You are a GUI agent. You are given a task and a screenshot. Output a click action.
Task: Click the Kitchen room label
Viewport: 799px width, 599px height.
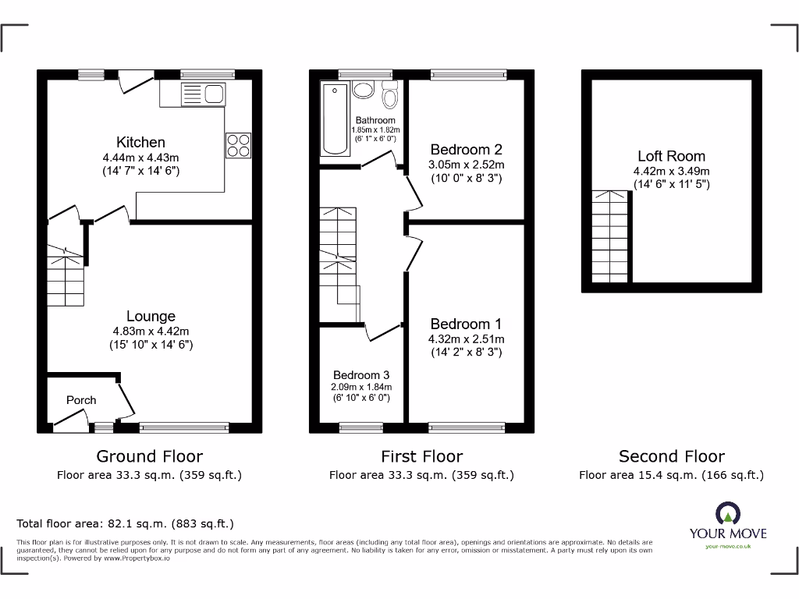click(x=140, y=142)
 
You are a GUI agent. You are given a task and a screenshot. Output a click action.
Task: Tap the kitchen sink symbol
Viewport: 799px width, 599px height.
click(x=202, y=95)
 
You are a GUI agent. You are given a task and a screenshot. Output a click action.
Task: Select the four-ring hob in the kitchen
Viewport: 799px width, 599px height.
click(x=239, y=145)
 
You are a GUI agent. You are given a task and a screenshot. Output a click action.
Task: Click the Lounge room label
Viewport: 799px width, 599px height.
click(x=151, y=316)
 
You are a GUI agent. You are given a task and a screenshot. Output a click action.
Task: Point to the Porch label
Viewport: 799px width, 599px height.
click(x=81, y=400)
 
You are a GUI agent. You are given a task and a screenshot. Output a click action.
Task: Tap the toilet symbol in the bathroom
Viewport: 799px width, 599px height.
click(x=390, y=95)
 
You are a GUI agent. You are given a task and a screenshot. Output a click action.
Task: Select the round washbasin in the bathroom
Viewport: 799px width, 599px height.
click(x=363, y=89)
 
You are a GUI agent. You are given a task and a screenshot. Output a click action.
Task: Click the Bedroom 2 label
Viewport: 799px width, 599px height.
click(x=466, y=150)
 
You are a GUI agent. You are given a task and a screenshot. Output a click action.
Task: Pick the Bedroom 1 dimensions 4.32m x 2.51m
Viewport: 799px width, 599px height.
click(x=466, y=339)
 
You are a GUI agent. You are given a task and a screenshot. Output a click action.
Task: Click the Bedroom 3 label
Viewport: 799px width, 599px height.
click(x=361, y=374)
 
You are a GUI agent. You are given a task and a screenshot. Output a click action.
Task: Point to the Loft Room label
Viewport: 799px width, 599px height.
click(x=671, y=156)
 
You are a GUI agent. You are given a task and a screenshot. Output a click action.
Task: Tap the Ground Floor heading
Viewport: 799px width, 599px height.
click(x=149, y=456)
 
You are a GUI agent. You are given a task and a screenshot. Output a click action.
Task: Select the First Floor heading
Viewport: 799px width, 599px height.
click(x=421, y=456)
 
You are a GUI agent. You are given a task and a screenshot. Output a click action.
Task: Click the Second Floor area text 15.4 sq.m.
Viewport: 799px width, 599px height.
click(x=671, y=475)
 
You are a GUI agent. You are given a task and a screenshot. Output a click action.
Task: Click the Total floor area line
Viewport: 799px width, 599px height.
click(x=125, y=524)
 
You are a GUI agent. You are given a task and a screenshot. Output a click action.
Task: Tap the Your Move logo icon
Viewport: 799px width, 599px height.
click(x=727, y=514)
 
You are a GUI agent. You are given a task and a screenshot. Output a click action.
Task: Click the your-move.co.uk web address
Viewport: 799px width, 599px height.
click(x=727, y=547)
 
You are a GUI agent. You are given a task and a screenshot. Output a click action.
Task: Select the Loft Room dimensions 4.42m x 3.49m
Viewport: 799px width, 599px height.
click(x=671, y=172)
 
